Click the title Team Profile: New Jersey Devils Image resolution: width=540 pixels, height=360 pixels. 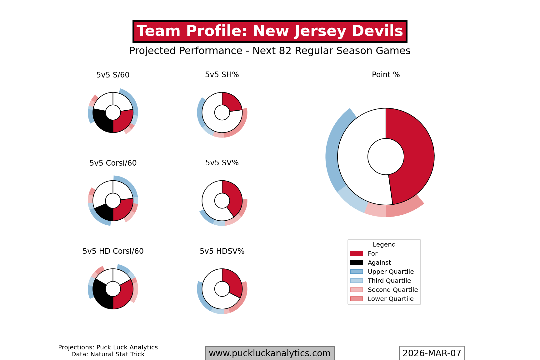pyautogui.click(x=270, y=32)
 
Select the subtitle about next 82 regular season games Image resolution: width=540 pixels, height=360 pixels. pyautogui.click(x=270, y=51)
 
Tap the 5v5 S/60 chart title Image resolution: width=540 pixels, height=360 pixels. pyautogui.click(x=113, y=75)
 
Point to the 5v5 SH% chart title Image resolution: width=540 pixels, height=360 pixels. pyautogui.click(x=222, y=75)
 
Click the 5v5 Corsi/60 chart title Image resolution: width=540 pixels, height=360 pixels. pyautogui.click(x=113, y=163)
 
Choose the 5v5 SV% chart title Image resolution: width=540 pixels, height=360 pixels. pyautogui.click(x=222, y=163)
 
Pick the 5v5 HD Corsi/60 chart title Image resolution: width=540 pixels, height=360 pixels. pyautogui.click(x=113, y=251)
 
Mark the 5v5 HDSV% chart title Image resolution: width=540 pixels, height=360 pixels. pyautogui.click(x=222, y=251)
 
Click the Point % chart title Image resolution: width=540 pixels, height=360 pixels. pyautogui.click(x=386, y=75)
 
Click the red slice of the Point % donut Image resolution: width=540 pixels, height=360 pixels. pyautogui.click(x=412, y=156)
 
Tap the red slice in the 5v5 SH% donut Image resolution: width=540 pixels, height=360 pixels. pyautogui.click(x=231, y=102)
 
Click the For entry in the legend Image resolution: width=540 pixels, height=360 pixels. pyautogui.click(x=372, y=253)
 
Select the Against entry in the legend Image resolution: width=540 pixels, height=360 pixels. pyautogui.click(x=379, y=262)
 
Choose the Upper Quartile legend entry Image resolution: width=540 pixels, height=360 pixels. pyautogui.click(x=390, y=272)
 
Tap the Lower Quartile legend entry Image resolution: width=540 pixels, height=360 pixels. pyautogui.click(x=390, y=299)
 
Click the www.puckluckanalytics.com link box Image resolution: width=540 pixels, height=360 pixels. pyautogui.click(x=270, y=353)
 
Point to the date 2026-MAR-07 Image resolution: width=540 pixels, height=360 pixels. pyautogui.click(x=432, y=353)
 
